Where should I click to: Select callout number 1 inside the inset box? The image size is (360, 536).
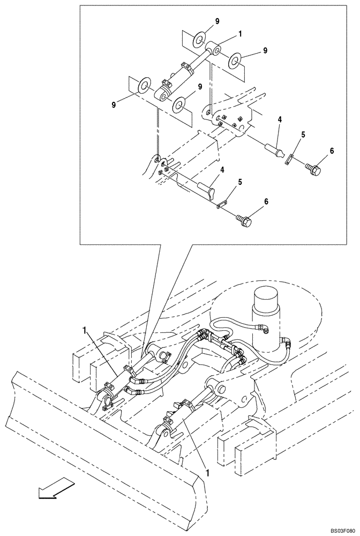click(x=241, y=34)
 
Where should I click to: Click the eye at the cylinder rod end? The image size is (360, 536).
click(x=217, y=51)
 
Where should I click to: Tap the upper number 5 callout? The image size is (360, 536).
click(x=303, y=136)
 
